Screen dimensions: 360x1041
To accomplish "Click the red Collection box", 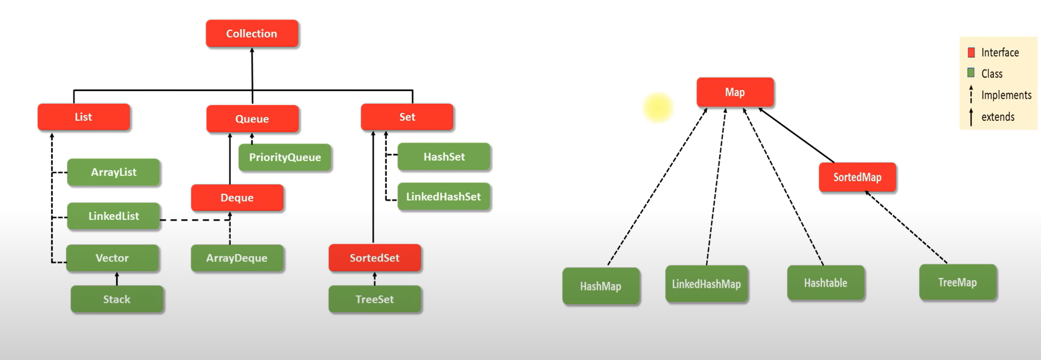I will coord(252,33).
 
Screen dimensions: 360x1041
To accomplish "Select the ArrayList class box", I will coord(114,172).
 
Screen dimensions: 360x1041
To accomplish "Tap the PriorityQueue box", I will coord(285,157).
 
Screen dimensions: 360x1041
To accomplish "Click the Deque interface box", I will coord(237,197).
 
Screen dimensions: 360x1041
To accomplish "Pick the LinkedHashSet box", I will coord(443,196).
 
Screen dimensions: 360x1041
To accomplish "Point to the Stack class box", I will coord(117,299).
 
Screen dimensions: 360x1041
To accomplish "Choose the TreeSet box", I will coord(374,299).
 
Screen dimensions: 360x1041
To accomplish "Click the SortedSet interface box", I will coord(374,258).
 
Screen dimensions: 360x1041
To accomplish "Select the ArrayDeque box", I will coord(237,258).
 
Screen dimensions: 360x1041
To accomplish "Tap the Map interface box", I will coord(735,92).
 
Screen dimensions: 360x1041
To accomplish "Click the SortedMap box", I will coord(857,177).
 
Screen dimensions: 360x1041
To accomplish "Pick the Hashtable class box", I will coord(825,283).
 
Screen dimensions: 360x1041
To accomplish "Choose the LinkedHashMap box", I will coord(706,284).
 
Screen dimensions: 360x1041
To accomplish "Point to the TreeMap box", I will coord(957,282).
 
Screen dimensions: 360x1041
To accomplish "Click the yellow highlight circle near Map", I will coord(658,107).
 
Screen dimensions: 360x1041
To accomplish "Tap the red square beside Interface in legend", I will coord(971,52).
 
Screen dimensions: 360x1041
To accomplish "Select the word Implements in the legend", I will coord(1006,95).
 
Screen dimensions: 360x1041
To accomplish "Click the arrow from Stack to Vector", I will coord(117,279).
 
